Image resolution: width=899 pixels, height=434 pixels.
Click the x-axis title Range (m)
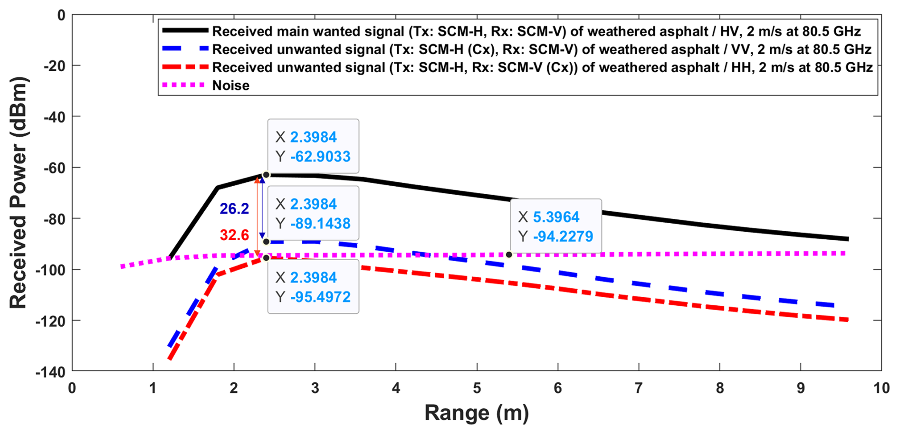click(x=476, y=413)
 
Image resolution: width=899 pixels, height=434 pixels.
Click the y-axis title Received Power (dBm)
click(x=19, y=193)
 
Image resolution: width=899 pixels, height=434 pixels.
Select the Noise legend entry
click(x=230, y=85)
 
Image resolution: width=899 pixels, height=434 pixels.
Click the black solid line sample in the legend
click(x=185, y=30)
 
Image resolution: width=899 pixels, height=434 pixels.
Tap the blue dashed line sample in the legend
click(x=185, y=48)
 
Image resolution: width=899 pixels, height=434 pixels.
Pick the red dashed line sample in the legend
click(x=185, y=67)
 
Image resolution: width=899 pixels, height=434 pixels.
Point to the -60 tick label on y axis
click(x=54, y=168)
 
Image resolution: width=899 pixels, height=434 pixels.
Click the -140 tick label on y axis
click(x=51, y=372)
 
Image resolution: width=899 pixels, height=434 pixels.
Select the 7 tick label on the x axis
click(x=639, y=388)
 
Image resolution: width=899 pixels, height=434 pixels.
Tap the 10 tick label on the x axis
click(x=881, y=388)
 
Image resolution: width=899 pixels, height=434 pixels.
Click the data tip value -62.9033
click(x=320, y=157)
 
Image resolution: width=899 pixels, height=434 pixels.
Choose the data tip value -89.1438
click(x=320, y=224)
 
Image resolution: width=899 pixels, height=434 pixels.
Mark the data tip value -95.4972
click(x=320, y=297)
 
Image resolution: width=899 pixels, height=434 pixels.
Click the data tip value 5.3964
click(x=556, y=217)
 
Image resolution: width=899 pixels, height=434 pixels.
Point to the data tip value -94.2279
click(x=563, y=236)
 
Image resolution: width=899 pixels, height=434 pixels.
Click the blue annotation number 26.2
click(x=234, y=208)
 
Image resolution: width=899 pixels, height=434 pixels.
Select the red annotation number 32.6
click(x=234, y=235)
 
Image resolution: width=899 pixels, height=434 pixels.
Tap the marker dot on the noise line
click(x=509, y=255)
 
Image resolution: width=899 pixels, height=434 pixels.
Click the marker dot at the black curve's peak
click(x=266, y=175)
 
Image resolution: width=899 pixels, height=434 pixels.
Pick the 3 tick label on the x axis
click(x=315, y=388)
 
